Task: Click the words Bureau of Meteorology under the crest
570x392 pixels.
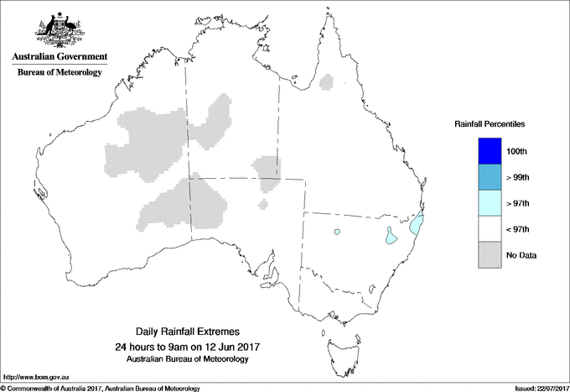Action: [60, 72]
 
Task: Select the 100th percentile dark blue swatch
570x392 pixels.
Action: [488, 151]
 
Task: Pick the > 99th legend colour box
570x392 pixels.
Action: [488, 177]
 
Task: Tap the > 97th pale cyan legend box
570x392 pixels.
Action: [488, 203]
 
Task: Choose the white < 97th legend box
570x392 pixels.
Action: [488, 229]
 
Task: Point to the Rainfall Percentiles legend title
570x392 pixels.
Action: [490, 124]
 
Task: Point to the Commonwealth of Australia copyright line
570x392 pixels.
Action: [101, 388]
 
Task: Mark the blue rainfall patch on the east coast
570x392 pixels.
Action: [416, 225]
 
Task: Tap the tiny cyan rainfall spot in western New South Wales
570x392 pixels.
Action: [337, 232]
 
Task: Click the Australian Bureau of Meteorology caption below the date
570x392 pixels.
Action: [186, 359]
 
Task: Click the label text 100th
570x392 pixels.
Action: [516, 151]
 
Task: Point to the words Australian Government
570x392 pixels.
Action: [60, 57]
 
